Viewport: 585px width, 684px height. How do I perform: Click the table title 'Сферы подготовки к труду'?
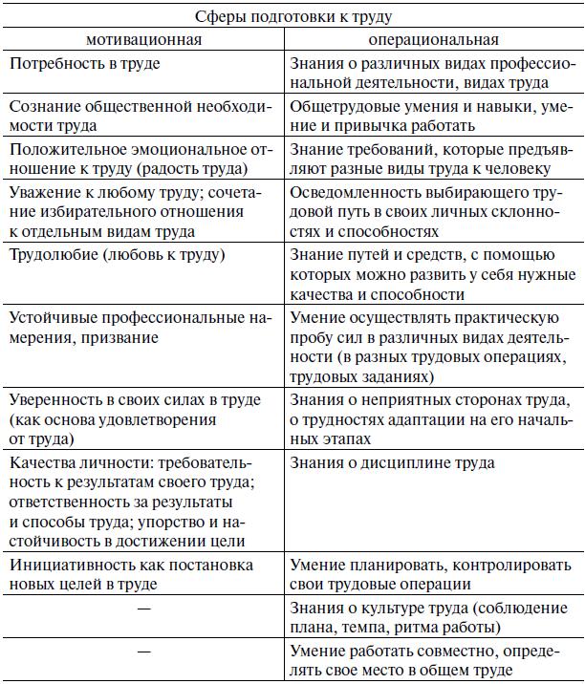coord(292,17)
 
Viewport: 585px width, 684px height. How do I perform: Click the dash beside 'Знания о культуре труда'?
coord(144,609)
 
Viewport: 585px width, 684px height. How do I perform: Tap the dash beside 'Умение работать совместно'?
coord(144,652)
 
